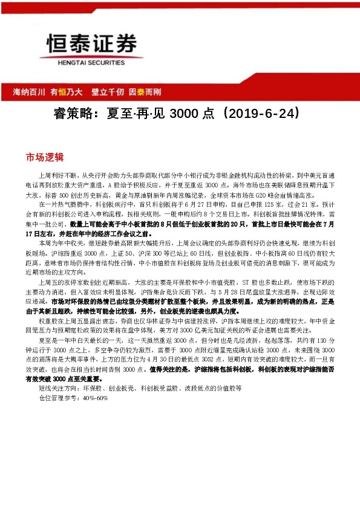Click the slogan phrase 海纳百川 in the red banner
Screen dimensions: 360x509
tap(30, 92)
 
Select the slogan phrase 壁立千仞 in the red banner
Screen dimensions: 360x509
tap(107, 92)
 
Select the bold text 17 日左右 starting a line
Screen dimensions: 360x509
tap(40, 232)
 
